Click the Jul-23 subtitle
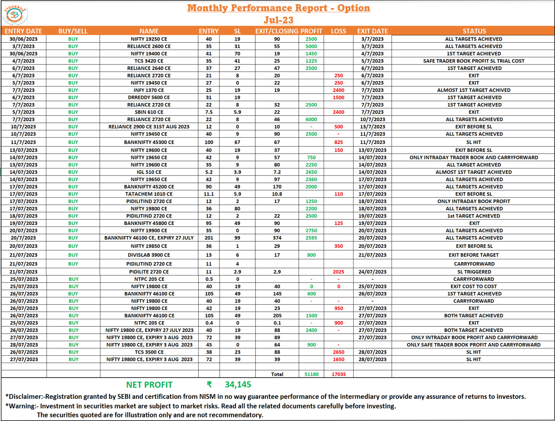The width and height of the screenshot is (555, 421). point(278,20)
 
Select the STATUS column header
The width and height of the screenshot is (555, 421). point(474,31)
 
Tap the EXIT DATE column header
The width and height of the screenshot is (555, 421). point(373,31)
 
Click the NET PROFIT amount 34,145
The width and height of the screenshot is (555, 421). point(238,385)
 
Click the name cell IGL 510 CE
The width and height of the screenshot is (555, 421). point(149,172)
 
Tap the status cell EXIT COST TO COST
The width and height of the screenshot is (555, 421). point(474,286)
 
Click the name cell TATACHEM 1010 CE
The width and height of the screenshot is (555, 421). point(149,194)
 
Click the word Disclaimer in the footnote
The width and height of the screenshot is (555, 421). point(25,397)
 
